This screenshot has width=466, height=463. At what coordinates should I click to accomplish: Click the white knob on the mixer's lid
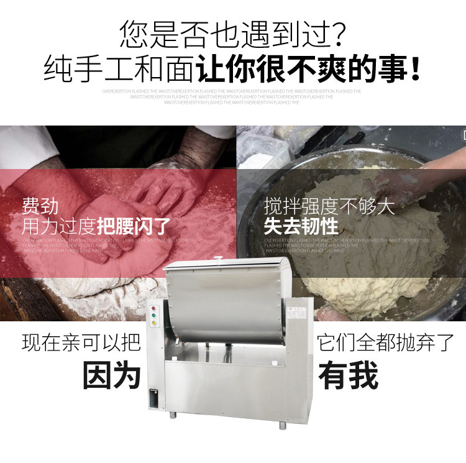coord(217,257)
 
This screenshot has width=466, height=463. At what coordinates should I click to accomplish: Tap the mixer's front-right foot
coord(283,425)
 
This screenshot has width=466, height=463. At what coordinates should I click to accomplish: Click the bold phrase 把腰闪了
coord(134,226)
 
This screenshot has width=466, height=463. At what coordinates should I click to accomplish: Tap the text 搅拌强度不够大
coord(329,206)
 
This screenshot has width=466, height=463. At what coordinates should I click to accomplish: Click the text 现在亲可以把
coord(81,342)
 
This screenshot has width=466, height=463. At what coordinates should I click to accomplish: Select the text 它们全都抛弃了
coord(385,342)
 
